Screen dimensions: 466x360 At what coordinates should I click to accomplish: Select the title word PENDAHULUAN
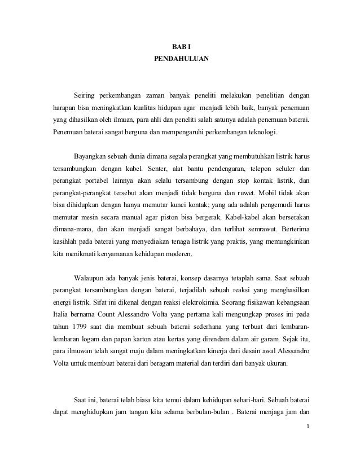pos(181,58)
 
